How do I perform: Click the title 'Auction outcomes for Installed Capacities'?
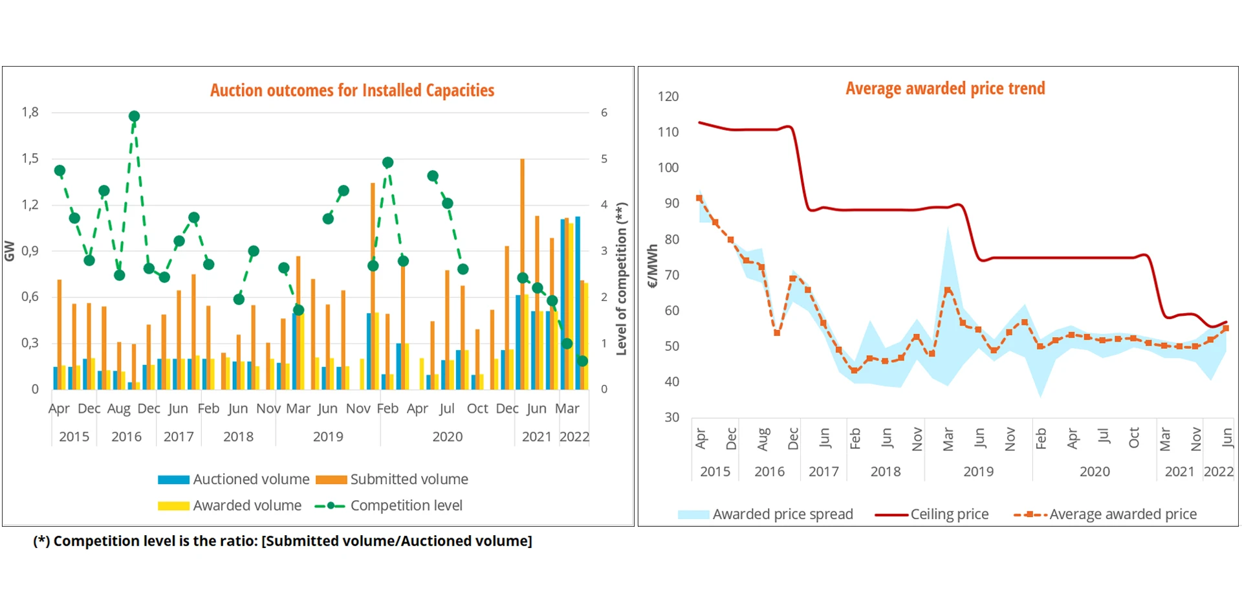tap(352, 90)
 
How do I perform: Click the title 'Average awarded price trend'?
tap(945, 88)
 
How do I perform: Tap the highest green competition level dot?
tap(134, 116)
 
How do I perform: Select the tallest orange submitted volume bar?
tap(522, 272)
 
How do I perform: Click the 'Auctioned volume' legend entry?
tap(234, 479)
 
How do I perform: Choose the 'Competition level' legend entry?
tap(389, 505)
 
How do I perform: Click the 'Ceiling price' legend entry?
tap(932, 514)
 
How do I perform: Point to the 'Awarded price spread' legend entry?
tap(765, 514)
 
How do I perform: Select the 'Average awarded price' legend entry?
tap(1106, 514)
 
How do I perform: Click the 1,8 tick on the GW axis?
tap(30, 113)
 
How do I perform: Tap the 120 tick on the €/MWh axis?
tap(668, 97)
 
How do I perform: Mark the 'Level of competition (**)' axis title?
tap(622, 279)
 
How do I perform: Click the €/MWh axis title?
tap(652, 266)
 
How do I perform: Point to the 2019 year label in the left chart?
tap(328, 437)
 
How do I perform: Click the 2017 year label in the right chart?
tap(823, 472)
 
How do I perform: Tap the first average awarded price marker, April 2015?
tap(699, 199)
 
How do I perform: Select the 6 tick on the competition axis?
tap(604, 113)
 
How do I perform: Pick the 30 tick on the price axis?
tap(672, 417)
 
